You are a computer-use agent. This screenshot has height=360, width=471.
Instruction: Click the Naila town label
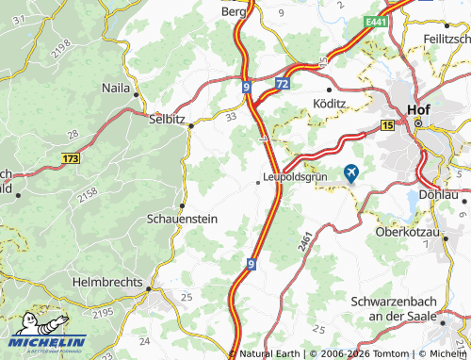coord(116,87)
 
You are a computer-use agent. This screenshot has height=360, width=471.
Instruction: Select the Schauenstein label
coord(183,218)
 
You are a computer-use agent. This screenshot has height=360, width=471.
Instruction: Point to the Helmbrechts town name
coord(106,281)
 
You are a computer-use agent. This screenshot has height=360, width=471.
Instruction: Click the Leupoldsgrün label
coord(301,176)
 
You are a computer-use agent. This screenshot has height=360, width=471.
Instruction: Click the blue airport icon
coord(352,172)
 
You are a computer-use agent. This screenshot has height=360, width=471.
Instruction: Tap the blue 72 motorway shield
coord(282,85)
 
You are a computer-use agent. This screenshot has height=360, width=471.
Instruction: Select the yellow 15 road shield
coord(388,124)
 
